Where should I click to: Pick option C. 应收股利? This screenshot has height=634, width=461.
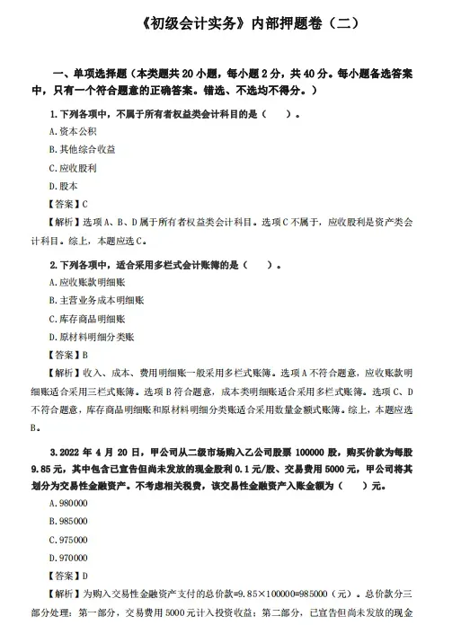pos(73,167)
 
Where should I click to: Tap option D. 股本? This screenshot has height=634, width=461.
pos(64,185)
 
